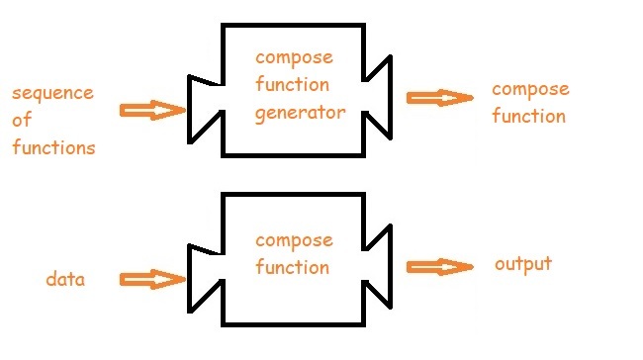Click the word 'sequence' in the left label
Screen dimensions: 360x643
pos(52,95)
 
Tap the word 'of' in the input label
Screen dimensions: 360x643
pos(21,122)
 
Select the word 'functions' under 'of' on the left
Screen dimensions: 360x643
pos(53,148)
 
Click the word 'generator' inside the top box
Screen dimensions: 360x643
pos(301,113)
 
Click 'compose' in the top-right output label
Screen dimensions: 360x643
pos(530,90)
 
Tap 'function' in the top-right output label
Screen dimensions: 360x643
pos(529,117)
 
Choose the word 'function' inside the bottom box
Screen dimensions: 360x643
pos(292,268)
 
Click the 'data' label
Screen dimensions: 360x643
pos(65,280)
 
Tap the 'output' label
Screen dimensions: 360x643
pos(523,265)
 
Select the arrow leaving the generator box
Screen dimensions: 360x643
pos(440,98)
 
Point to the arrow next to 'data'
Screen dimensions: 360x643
pos(152,279)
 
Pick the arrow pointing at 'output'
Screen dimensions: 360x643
pos(440,266)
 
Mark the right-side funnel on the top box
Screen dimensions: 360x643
pos(379,98)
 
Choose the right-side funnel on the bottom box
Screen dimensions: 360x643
pos(379,266)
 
